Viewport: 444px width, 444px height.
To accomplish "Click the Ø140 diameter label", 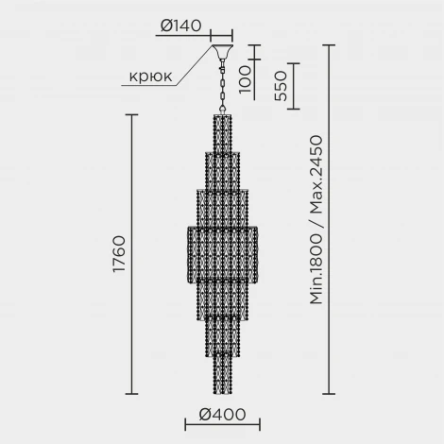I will click(x=181, y=26).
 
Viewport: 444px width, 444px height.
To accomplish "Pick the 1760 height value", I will click(x=117, y=253).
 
